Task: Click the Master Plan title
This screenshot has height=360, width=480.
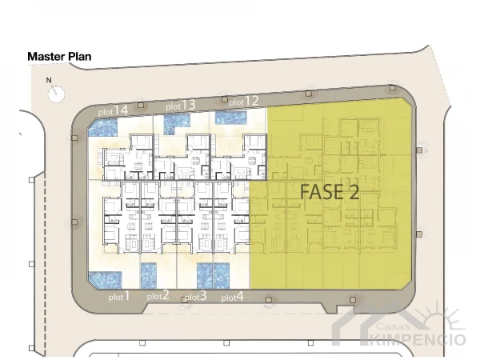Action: tap(59, 57)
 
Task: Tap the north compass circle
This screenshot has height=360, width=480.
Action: tap(56, 94)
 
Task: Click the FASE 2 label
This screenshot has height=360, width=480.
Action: tap(330, 192)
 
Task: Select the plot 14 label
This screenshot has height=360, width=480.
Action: tap(113, 110)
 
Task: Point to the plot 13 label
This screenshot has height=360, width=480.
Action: tap(181, 106)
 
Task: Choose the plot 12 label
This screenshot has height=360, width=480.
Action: tap(244, 102)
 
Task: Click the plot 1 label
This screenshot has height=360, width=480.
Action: tap(119, 297)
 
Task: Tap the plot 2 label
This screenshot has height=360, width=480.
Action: tap(158, 295)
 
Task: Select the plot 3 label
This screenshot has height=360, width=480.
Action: tap(196, 296)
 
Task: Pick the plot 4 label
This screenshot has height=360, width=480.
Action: tap(233, 297)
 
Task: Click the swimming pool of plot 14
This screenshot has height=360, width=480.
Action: tap(103, 127)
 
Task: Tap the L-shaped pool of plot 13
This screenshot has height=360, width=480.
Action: tap(176, 124)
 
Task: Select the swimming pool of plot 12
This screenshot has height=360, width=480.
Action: tap(231, 118)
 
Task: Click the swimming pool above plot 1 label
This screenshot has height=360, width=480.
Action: tap(105, 280)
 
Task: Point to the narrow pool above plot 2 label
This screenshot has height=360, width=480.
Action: tap(149, 275)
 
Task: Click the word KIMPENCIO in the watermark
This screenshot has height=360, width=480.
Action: tap(418, 339)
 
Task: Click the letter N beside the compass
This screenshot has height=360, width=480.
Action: tap(49, 80)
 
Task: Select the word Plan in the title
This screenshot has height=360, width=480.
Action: tap(79, 57)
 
